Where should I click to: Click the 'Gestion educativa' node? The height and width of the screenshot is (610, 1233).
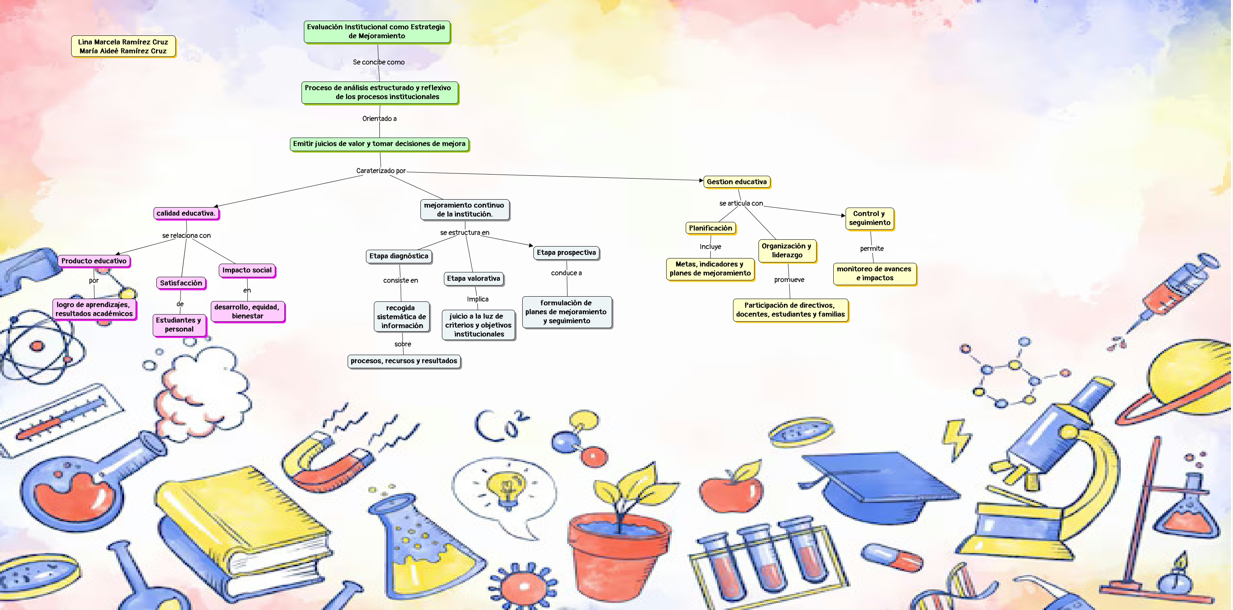(x=736, y=182)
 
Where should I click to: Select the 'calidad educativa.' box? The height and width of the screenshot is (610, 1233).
(x=186, y=214)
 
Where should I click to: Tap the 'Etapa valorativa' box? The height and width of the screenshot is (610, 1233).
(x=473, y=278)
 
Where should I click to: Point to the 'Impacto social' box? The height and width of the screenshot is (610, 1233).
(x=247, y=270)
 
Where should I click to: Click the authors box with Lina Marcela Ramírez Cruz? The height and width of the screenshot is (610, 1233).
(x=123, y=47)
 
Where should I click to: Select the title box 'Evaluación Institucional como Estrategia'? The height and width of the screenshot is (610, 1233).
(x=376, y=31)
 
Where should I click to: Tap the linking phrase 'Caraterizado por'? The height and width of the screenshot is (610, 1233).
(x=381, y=171)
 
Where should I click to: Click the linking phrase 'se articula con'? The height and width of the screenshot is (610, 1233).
(x=741, y=203)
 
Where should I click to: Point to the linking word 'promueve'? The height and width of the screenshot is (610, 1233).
(x=789, y=280)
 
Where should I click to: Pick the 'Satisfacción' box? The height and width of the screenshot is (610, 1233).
(x=181, y=283)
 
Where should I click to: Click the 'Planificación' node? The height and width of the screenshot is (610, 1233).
(x=710, y=228)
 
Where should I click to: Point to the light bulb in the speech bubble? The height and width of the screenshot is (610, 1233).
(x=506, y=488)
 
